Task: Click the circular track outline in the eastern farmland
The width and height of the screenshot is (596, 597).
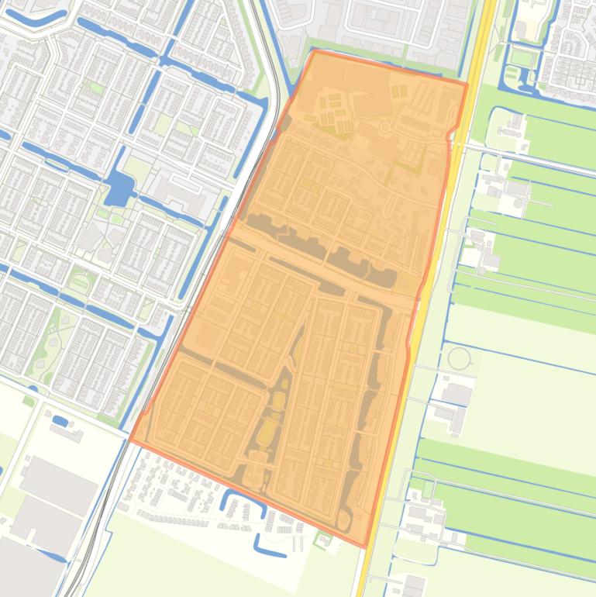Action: click(x=460, y=359)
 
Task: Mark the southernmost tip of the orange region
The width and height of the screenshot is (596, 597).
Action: click(x=364, y=546)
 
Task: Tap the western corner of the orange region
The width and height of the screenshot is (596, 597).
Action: click(x=129, y=440)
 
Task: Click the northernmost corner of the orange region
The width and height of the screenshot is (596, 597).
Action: click(x=313, y=51)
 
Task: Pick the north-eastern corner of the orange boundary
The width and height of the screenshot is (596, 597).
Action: click(x=467, y=82)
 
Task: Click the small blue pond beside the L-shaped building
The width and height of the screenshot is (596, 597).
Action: click(x=60, y=421)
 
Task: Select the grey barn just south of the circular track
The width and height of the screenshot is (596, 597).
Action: click(x=456, y=395)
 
